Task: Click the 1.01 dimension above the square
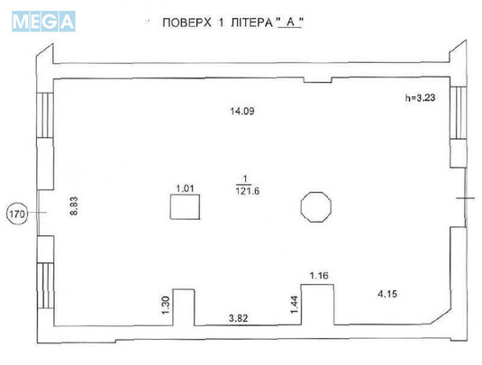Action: [x=186, y=188]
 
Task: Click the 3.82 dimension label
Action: [x=238, y=318]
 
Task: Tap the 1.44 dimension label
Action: [x=293, y=305]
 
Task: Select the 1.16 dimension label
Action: [x=319, y=274]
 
